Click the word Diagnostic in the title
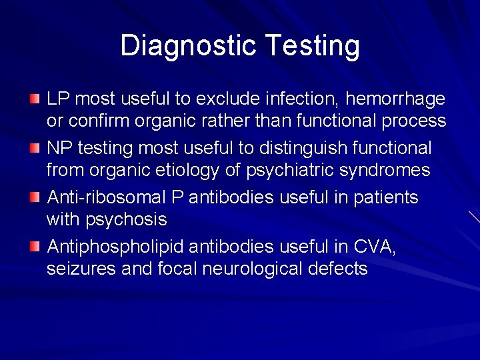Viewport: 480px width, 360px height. click(188, 45)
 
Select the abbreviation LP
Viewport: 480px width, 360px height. click(58, 99)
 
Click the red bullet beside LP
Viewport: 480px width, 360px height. click(35, 99)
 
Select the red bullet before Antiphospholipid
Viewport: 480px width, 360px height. click(35, 247)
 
